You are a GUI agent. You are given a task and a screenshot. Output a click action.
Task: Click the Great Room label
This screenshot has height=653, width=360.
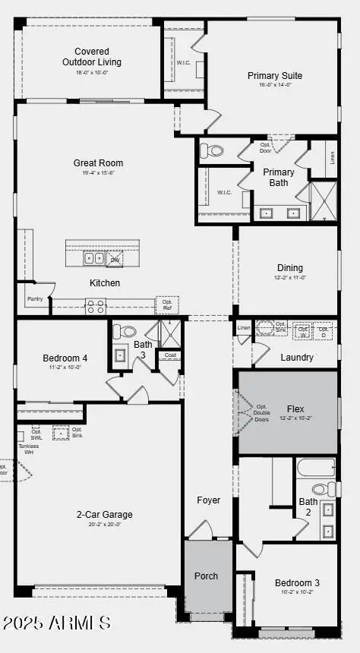[x=98, y=162]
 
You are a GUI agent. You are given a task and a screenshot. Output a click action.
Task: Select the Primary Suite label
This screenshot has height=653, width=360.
[x=274, y=76]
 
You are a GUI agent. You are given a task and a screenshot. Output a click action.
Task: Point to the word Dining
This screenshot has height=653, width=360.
[x=289, y=267]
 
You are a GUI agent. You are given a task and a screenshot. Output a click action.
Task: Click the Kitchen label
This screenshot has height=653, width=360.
[x=105, y=283]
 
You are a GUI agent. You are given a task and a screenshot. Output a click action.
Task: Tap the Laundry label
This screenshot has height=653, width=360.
[x=297, y=357]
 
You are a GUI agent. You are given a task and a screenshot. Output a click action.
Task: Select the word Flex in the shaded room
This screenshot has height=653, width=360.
[x=295, y=409]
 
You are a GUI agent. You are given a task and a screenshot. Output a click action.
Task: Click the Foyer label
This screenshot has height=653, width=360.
[x=208, y=500]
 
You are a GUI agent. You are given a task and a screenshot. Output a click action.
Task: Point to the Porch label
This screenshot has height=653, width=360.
[x=206, y=576]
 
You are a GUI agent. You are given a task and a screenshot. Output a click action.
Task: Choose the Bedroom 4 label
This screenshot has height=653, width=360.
[x=65, y=358]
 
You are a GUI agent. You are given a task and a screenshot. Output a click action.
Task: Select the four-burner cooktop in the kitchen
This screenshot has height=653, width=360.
[x=96, y=307]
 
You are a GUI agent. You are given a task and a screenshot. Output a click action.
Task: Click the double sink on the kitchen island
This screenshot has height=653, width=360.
[x=95, y=258]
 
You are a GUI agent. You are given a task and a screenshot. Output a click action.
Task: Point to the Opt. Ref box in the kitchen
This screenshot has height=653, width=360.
[x=167, y=304]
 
